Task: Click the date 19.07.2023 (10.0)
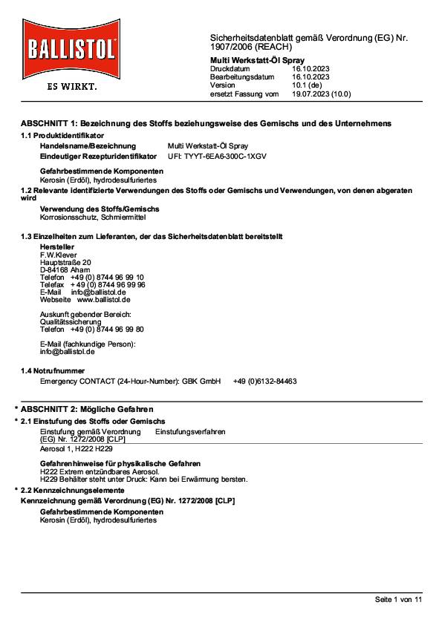[x=321, y=94]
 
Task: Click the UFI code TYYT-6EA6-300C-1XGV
[x=218, y=157]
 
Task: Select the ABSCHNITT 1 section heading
[x=206, y=122]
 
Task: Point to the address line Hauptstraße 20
[x=65, y=263]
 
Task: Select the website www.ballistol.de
[x=104, y=299]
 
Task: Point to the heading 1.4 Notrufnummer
[x=52, y=370]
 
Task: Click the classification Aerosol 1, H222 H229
[x=76, y=449]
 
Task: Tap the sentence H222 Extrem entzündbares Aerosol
[x=99, y=471]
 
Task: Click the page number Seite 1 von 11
[x=397, y=598]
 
